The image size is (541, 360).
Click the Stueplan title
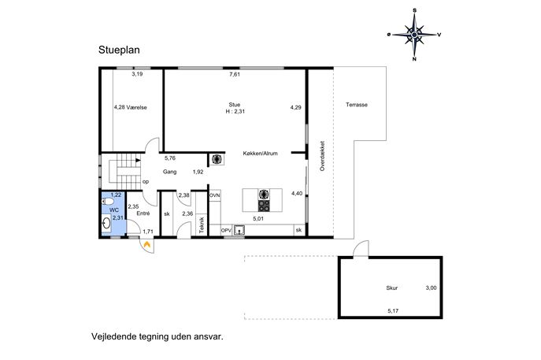pyautogui.click(x=119, y=50)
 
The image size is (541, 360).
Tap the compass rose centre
pyautogui.click(x=414, y=35)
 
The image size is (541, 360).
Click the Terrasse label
pyautogui.click(x=357, y=105)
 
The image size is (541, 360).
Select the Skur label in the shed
pyautogui.click(x=392, y=288)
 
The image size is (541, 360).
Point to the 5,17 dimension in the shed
pyautogui.click(x=393, y=310)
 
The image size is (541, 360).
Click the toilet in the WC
pyautogui.click(x=108, y=202)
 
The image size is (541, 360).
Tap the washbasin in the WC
pyautogui.click(x=106, y=223)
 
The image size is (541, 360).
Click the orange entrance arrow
pyautogui.click(x=147, y=244)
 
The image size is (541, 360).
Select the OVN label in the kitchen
pyautogui.click(x=215, y=195)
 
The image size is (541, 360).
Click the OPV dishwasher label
pyautogui.click(x=226, y=230)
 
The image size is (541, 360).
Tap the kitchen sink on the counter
pyautogui.click(x=239, y=230)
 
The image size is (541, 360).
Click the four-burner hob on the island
pyautogui.click(x=265, y=206)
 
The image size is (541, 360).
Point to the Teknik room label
pyautogui.click(x=202, y=225)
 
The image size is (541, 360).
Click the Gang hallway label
pyautogui.click(x=170, y=172)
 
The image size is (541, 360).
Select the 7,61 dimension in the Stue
pyautogui.click(x=235, y=74)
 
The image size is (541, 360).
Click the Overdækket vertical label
pyautogui.click(x=322, y=156)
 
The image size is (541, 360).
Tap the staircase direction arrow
pyautogui.click(x=139, y=160)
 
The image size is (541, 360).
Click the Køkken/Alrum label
pyautogui.click(x=260, y=154)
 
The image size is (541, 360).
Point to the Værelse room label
pyautogui.click(x=137, y=107)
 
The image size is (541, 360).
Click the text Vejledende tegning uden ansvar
pyautogui.click(x=157, y=336)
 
